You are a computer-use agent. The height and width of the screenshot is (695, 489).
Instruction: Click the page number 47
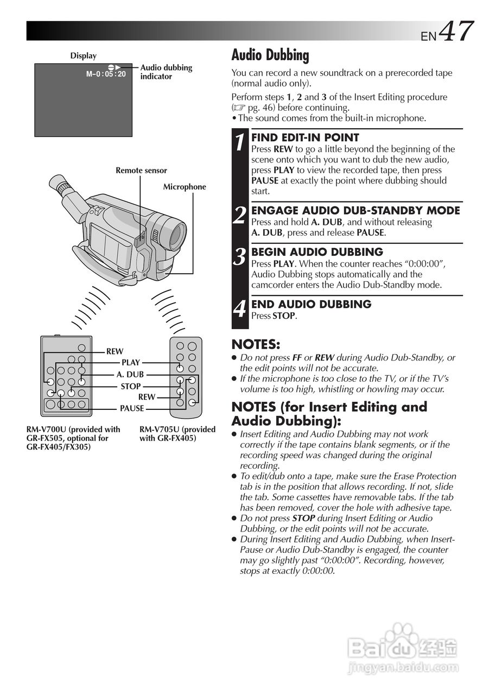[456, 31]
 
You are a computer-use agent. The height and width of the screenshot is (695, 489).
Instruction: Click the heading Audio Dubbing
[270, 55]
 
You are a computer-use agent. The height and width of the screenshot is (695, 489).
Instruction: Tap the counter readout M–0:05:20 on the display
[106, 74]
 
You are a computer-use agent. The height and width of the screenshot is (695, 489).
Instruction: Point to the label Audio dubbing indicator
[166, 72]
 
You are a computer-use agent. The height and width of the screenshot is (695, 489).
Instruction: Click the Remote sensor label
[141, 170]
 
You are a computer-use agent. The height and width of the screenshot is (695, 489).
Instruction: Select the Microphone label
[185, 187]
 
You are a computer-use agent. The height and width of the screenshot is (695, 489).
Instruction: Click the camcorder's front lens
[177, 234]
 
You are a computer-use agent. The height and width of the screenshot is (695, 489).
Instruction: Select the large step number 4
[240, 309]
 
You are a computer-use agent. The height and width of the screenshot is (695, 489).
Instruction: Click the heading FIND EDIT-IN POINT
[305, 138]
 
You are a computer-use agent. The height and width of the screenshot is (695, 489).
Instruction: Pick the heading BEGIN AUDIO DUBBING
[317, 252]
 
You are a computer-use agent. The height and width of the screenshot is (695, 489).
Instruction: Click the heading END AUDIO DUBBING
[311, 304]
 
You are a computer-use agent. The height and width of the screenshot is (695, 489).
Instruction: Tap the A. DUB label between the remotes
[130, 375]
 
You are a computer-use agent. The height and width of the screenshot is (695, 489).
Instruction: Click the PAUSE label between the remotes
[132, 408]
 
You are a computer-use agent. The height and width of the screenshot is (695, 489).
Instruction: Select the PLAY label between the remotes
[131, 363]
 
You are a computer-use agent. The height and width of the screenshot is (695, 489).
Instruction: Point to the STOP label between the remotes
[130, 387]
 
